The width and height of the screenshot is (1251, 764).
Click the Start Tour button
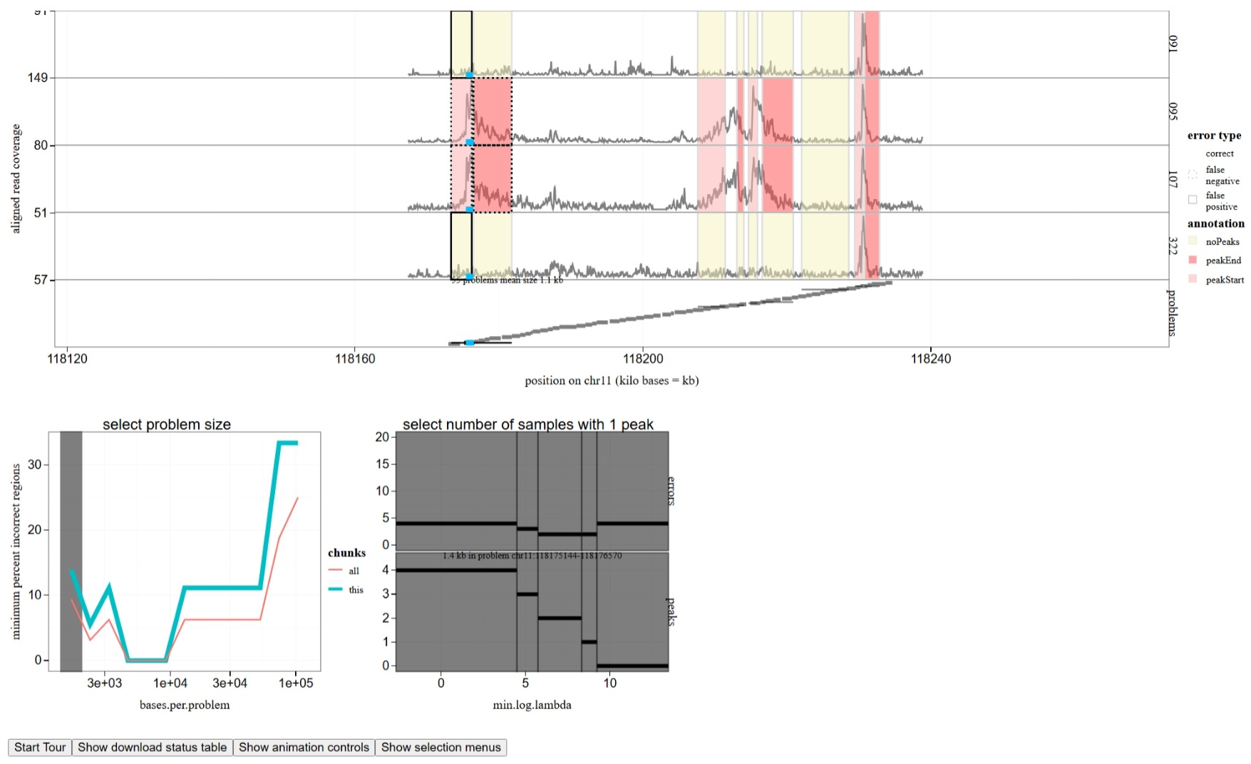(40, 747)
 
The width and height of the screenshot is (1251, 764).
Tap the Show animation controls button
(304, 747)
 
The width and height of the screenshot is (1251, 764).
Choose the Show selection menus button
(441, 747)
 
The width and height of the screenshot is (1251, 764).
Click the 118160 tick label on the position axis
(355, 359)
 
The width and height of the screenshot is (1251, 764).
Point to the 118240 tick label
(930, 359)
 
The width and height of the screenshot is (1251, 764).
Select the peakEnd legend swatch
(1193, 260)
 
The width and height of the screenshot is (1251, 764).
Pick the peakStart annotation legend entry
(1224, 280)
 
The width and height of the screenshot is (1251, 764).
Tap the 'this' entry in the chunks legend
(356, 590)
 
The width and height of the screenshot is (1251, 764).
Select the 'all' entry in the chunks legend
(354, 571)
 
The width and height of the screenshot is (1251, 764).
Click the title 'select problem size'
(167, 424)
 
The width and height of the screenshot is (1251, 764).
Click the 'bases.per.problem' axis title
(185, 705)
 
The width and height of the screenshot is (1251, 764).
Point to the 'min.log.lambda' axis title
(532, 705)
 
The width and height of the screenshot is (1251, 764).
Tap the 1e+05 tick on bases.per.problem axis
(296, 683)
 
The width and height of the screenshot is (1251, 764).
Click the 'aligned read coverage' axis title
(16, 178)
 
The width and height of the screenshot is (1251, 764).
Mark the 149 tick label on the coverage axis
(38, 78)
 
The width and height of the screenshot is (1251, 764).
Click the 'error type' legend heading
(1214, 136)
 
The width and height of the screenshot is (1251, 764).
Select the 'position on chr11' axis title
(612, 381)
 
